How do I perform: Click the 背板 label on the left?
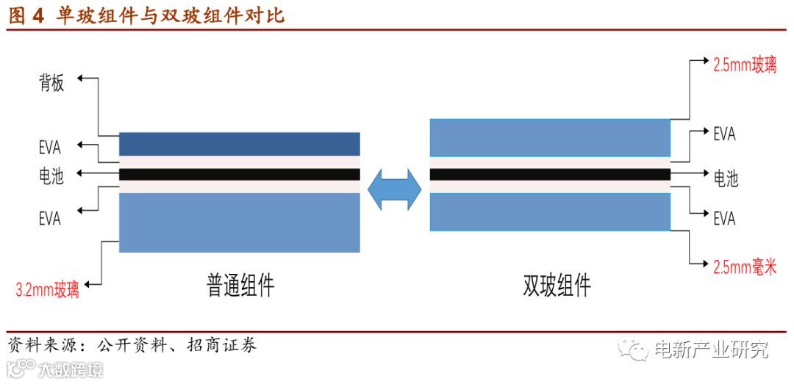(51, 83)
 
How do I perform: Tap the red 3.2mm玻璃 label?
(48, 289)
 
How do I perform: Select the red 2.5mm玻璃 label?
(745, 65)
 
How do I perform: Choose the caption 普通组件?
(240, 284)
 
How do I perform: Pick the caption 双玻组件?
(557, 284)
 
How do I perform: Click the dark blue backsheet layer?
(239, 144)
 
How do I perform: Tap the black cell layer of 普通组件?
(239, 175)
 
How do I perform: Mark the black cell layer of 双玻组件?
(550, 175)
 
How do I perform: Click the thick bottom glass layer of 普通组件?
(239, 222)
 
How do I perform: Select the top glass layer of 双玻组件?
(550, 137)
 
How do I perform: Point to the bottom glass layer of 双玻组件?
(550, 212)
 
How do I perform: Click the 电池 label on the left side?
(51, 177)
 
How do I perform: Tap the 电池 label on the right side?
(726, 178)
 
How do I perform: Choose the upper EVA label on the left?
(50, 146)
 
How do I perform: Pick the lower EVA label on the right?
(724, 218)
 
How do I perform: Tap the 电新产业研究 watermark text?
(711, 350)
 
